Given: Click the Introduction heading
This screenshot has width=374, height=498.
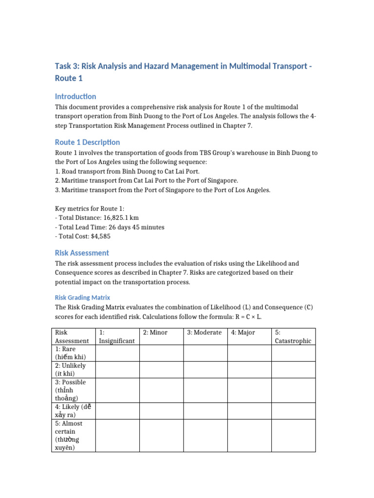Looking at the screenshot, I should [75, 96].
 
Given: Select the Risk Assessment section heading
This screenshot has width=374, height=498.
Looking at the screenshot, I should [82, 253].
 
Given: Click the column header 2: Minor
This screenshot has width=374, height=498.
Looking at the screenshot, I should [155, 332].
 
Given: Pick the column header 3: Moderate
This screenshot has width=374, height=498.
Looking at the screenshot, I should [205, 332].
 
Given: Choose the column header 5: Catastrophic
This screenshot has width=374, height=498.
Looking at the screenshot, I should [293, 337].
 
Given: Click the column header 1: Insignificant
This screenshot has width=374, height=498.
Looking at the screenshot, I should [117, 337].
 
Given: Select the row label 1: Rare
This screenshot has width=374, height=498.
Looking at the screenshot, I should [71, 353].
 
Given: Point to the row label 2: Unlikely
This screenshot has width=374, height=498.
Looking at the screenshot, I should [71, 370].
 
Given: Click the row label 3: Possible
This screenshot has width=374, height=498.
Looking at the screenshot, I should [71, 390].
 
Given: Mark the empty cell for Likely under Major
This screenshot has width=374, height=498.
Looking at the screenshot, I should [249, 411].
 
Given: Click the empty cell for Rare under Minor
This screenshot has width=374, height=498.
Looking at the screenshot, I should [161, 353].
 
